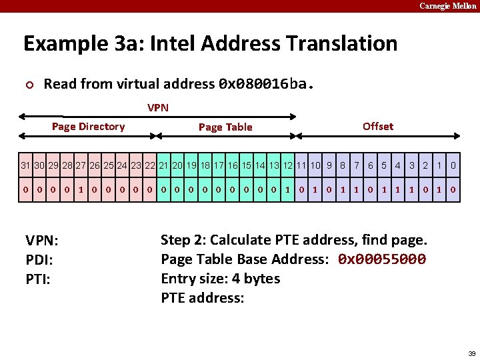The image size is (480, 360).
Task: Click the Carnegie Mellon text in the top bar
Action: (448, 6)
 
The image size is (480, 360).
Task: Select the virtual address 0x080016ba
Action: (264, 84)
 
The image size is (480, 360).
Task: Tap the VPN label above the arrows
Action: (158, 107)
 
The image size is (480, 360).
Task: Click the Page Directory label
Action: (88, 127)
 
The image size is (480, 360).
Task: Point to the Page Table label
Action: (225, 127)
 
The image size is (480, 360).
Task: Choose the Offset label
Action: (378, 126)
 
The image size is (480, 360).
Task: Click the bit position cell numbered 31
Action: (25, 165)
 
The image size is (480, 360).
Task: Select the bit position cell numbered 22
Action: (150, 165)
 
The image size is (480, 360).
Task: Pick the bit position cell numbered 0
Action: (453, 165)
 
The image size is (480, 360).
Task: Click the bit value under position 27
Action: (81, 189)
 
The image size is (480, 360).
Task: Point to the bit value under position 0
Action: (453, 189)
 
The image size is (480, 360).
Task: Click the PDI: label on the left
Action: (39, 259)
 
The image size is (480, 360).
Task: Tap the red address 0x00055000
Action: (381, 259)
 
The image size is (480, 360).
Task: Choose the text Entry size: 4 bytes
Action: (220, 278)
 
